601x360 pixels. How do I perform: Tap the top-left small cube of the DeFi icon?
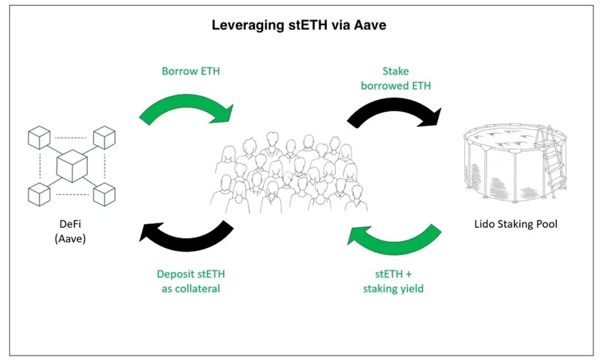(38, 138)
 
